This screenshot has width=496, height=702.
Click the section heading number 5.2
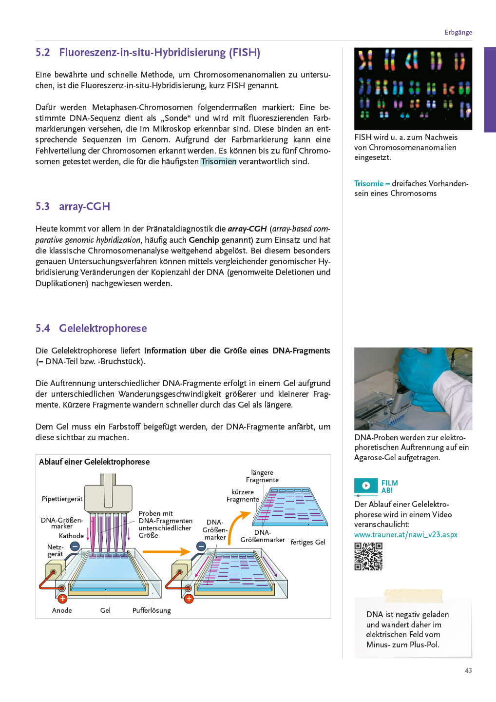[x=43, y=53]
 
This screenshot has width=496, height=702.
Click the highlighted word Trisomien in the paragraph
[x=218, y=161]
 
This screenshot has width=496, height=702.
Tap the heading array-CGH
[x=84, y=207]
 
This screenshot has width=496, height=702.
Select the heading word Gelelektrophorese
[x=103, y=329]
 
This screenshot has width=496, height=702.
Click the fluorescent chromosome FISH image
[x=413, y=89]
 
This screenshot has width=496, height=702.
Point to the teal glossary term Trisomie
[x=369, y=184]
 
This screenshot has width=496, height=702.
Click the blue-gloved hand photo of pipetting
[x=413, y=389]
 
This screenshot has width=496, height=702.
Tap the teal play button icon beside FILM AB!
[x=366, y=486]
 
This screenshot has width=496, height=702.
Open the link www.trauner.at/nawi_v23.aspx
[x=405, y=535]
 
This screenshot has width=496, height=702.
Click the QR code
[x=368, y=556]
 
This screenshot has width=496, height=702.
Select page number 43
[x=468, y=671]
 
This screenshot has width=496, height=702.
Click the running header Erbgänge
[x=458, y=33]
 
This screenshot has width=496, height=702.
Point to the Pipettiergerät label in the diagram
[x=62, y=499]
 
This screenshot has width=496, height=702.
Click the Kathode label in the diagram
[x=71, y=536]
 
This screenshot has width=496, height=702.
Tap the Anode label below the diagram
[x=62, y=610]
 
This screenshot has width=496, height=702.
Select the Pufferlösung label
[x=152, y=610]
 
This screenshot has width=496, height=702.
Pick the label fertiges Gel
[x=308, y=542]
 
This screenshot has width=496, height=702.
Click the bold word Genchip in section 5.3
[x=204, y=240]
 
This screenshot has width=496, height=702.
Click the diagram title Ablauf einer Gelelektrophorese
[x=94, y=462]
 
